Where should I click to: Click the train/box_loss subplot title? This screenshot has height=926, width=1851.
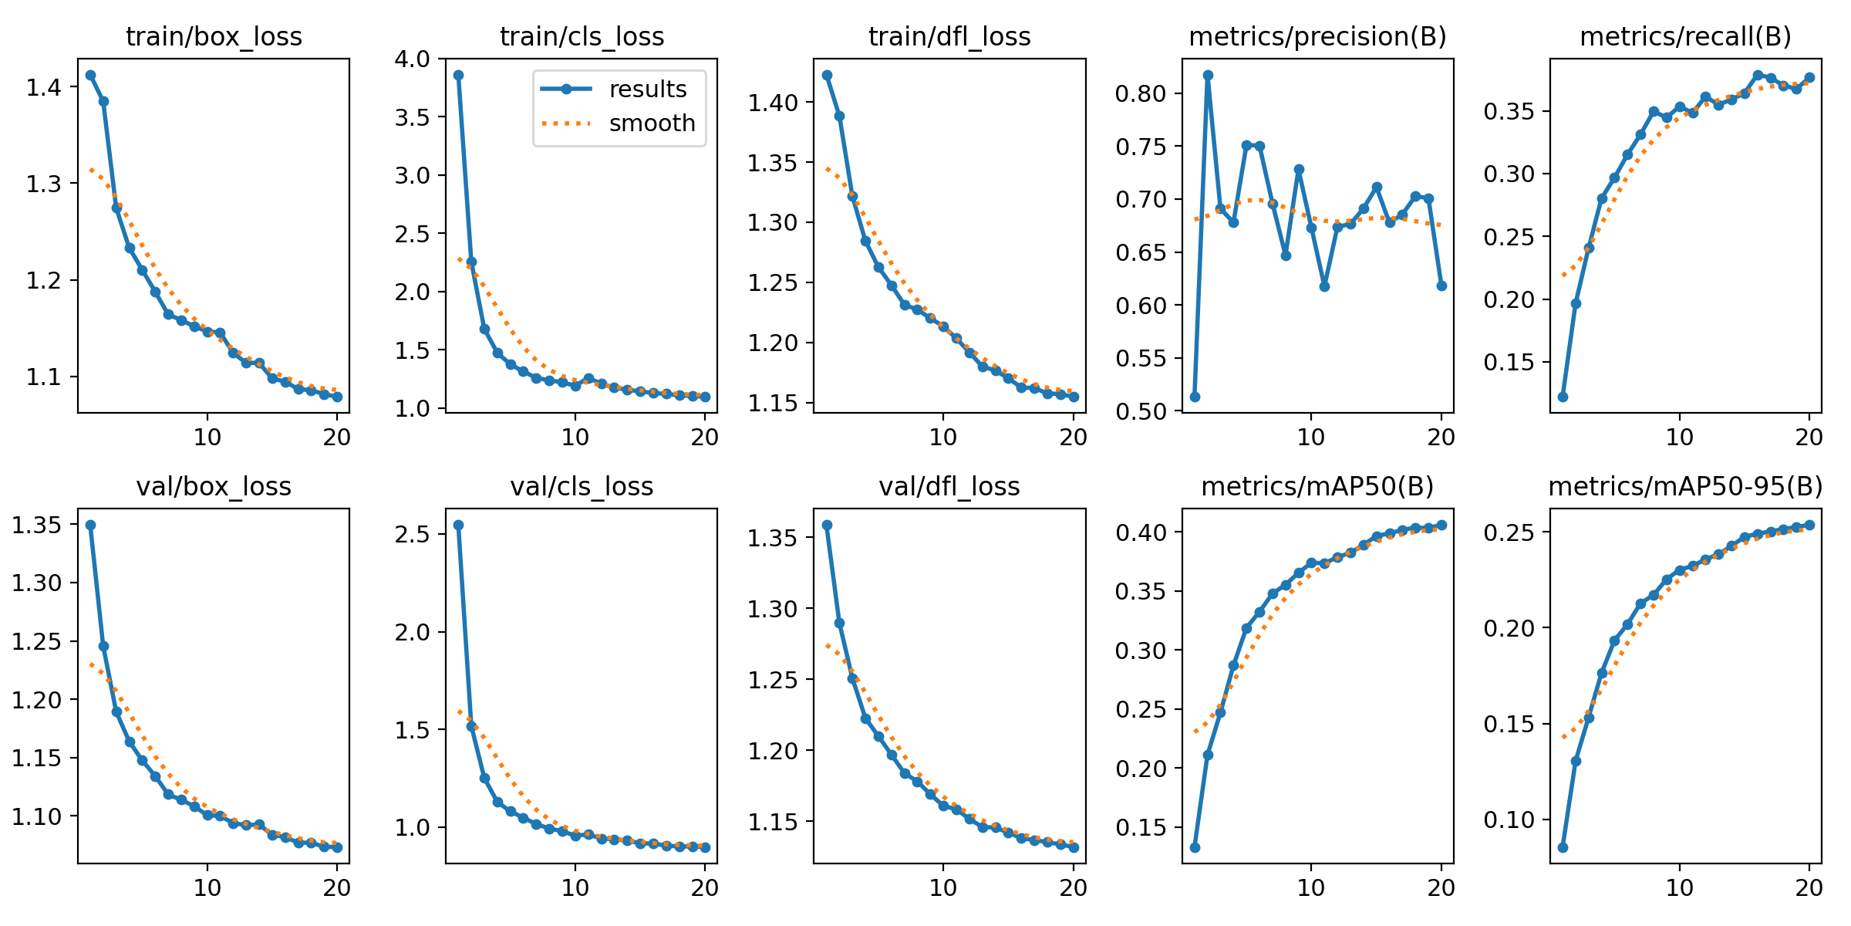pos(214,36)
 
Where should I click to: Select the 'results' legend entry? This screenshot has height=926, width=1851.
pos(647,90)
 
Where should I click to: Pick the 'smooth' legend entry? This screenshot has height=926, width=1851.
pos(652,123)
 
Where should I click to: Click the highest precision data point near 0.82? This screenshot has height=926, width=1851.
pos(1208,75)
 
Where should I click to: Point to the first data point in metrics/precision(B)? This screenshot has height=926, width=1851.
pos(1195,397)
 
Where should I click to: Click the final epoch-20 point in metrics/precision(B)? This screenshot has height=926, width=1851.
pos(1441,286)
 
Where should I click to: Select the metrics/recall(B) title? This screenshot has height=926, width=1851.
pos(1685,36)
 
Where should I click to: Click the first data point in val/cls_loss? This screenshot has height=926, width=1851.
pos(458,525)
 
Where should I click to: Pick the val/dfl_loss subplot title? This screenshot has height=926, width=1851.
pos(949,486)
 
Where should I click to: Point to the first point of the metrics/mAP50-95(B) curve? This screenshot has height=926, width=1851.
pos(1563,847)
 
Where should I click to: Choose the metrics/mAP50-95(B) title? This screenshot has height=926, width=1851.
pos(1685,486)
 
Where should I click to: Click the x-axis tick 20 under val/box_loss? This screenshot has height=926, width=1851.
pos(337,887)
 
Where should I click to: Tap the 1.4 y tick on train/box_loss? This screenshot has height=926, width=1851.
pos(44,86)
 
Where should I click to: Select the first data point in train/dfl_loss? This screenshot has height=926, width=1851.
pos(827,75)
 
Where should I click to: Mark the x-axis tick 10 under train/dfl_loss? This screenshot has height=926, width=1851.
pos(942,438)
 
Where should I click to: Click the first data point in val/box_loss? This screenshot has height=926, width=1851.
pos(90,525)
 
